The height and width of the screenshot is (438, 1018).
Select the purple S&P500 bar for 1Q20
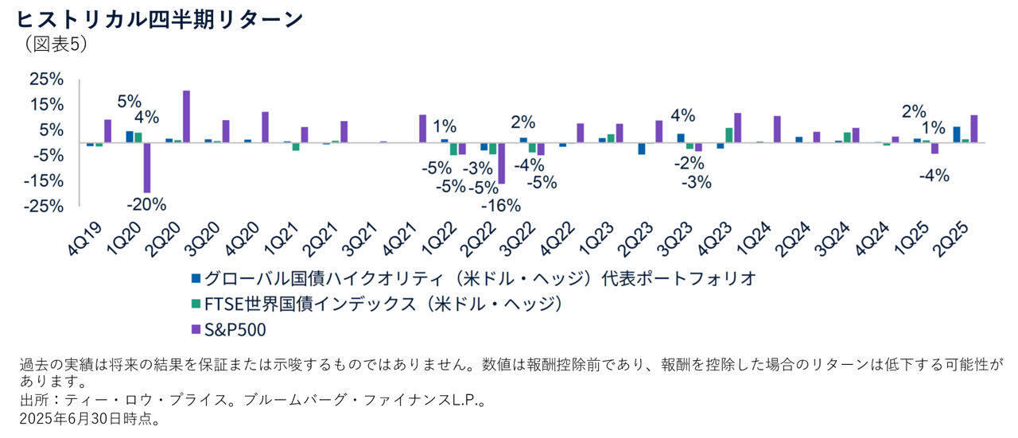[146, 168]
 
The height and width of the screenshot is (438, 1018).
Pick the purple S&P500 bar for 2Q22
[502, 163]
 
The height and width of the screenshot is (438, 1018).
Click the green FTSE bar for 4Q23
[729, 135]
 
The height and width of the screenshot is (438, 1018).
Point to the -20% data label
[148, 203]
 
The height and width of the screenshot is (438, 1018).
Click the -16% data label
[503, 206]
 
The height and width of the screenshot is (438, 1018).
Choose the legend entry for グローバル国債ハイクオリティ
[472, 278]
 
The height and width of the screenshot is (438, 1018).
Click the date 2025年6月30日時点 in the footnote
[88, 419]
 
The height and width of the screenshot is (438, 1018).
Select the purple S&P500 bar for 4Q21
[423, 129]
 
